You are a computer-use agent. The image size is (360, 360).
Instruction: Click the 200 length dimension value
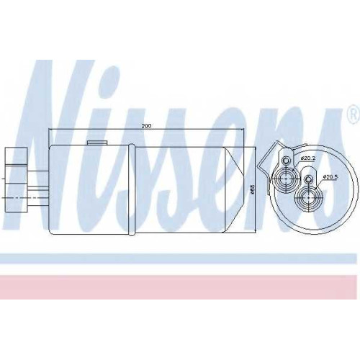click(x=146, y=126)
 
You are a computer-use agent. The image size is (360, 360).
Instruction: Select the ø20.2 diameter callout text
click(x=308, y=158)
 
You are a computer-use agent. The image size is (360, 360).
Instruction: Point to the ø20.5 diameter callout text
click(x=330, y=177)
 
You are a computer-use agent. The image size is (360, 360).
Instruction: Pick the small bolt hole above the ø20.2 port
click(x=286, y=161)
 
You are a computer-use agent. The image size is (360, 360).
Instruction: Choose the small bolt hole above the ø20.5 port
click(x=308, y=179)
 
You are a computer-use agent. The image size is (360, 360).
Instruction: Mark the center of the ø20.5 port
click(x=308, y=198)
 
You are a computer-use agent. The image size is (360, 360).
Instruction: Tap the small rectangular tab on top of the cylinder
click(x=97, y=143)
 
